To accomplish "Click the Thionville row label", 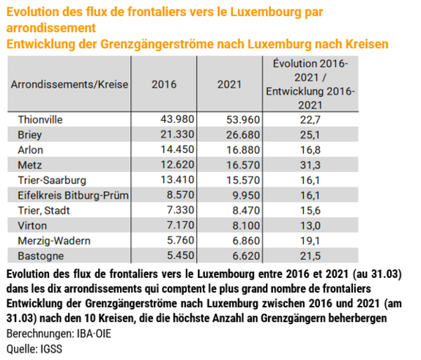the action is (40, 120).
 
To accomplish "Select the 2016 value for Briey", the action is (177, 135).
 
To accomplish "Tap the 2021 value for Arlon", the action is (243, 150).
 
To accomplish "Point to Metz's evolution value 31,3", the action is (310, 165).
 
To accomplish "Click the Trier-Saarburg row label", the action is (52, 180).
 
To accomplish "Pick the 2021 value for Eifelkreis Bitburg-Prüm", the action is (246, 195).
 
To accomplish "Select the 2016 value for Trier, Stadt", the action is (180, 210).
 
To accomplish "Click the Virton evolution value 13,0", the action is (310, 225).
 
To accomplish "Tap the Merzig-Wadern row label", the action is (54, 241).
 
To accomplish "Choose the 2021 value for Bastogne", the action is (246, 256).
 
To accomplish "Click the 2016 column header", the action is (164, 84).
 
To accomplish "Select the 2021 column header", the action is (230, 84).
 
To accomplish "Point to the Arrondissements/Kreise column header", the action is (70, 84).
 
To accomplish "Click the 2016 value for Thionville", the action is (177, 119).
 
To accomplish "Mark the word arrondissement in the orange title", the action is (51, 28).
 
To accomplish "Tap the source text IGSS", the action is (51, 349).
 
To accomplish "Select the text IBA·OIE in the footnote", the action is (94, 334).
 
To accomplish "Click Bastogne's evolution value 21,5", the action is (310, 256).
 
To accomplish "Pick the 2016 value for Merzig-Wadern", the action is (180, 240).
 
